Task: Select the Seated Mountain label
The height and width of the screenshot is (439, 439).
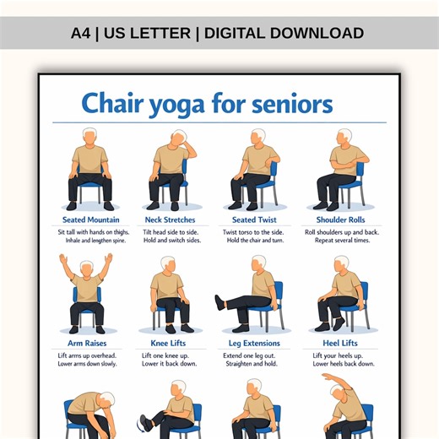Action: coord(90,220)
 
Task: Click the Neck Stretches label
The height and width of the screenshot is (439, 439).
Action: coord(170,220)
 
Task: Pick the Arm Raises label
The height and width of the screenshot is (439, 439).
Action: coord(86,344)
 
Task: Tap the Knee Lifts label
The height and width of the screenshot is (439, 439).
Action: coord(170,344)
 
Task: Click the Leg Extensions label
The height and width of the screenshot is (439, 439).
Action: coord(255,344)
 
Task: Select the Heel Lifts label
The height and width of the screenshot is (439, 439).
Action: coord(340,344)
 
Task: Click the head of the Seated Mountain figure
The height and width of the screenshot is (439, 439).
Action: coord(89,136)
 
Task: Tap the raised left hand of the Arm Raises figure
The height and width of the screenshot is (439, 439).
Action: coord(62,258)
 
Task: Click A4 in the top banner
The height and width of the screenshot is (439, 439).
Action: coord(81,34)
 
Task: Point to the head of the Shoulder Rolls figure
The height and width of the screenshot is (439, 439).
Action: coord(344,137)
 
